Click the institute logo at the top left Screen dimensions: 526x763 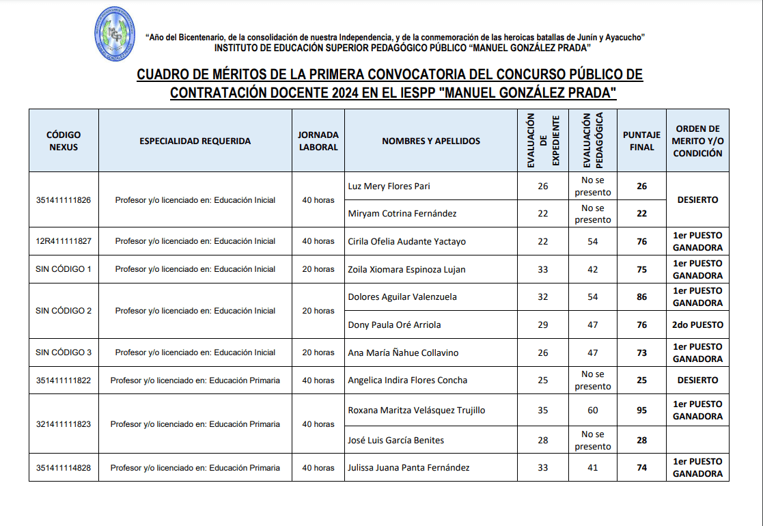115,33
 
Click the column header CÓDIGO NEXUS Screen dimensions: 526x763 64,141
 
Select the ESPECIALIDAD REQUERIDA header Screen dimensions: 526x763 195,141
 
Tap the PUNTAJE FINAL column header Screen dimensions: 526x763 641,141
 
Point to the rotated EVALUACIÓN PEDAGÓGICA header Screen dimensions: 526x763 592,141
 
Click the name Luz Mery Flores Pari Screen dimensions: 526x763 389,186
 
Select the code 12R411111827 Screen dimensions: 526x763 64,241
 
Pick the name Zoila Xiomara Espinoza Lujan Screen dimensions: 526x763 406,269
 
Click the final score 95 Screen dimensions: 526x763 641,410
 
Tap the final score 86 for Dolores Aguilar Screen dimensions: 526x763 641,296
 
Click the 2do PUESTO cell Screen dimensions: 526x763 697,324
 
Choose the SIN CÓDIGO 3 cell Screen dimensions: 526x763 64,352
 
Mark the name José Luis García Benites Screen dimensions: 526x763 396,440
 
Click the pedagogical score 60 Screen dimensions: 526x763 592,410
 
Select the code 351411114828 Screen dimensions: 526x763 64,468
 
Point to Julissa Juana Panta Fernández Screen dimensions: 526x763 408,468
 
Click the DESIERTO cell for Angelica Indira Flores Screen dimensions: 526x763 697,380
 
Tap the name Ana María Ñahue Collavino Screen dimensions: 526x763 403,352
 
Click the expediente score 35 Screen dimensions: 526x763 543,410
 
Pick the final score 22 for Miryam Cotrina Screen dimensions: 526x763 641,213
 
